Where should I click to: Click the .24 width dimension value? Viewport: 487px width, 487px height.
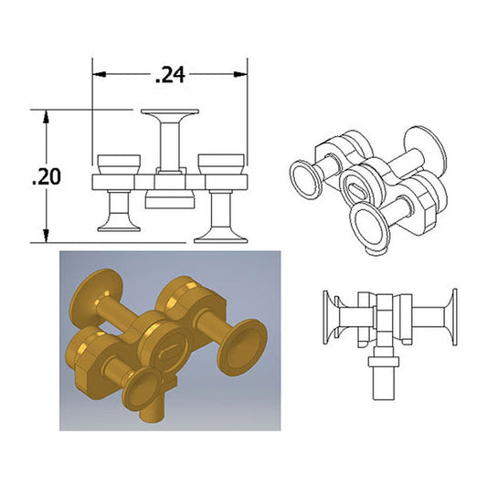(170, 75)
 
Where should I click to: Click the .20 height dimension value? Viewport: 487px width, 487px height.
(47, 176)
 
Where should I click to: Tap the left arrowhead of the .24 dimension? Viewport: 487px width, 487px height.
(100, 74)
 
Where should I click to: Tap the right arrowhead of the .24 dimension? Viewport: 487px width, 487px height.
(240, 74)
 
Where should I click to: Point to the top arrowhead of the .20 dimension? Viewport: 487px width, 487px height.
(47, 117)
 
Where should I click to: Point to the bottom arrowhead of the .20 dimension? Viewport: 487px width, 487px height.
(47, 236)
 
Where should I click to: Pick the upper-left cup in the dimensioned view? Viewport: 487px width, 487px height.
(119, 164)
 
